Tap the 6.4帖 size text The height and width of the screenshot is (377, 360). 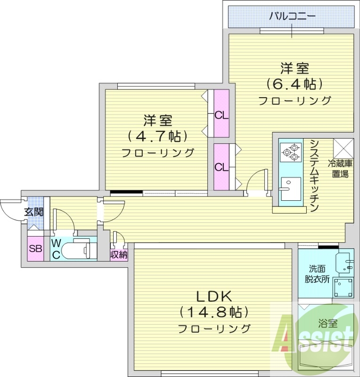pyautogui.click(x=295, y=84)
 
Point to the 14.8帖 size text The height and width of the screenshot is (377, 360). pyautogui.click(x=213, y=312)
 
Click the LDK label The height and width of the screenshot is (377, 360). pyautogui.click(x=213, y=296)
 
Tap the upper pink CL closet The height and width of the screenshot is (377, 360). pyautogui.click(x=221, y=115)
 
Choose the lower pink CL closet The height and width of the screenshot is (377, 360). pyautogui.click(x=221, y=167)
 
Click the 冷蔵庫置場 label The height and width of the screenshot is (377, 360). pyautogui.click(x=341, y=169)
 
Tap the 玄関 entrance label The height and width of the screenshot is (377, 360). pyautogui.click(x=33, y=212)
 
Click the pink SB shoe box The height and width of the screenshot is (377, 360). pyautogui.click(x=35, y=249)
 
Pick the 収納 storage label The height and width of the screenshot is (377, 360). pyautogui.click(x=119, y=254)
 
